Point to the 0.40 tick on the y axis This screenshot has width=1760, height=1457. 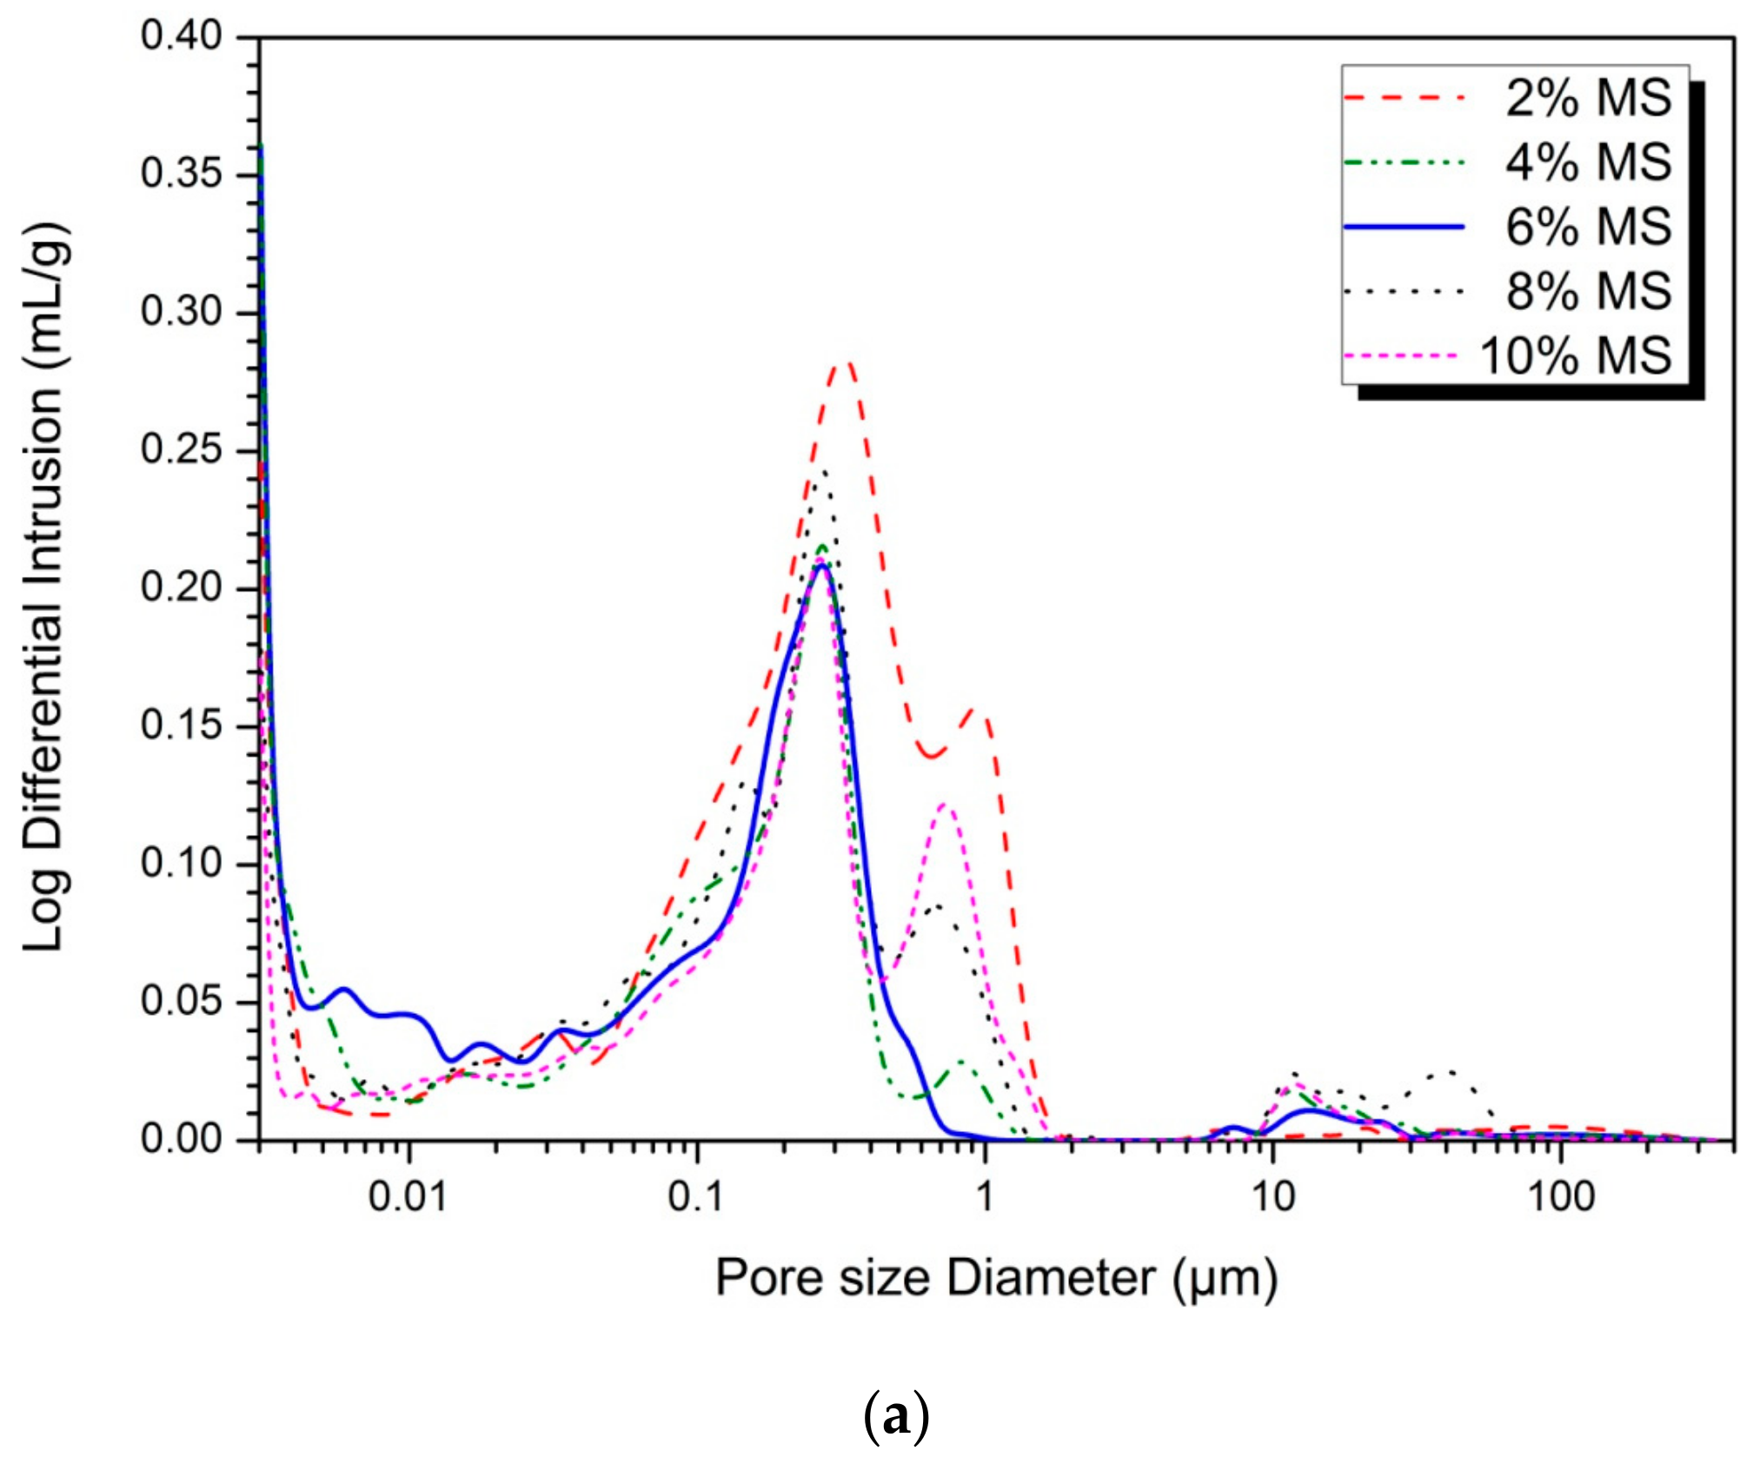pyautogui.click(x=182, y=37)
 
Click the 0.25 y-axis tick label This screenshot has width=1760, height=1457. pyautogui.click(x=182, y=451)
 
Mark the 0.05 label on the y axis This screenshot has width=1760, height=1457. pyautogui.click(x=182, y=1002)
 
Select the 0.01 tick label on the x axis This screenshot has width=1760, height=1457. pyautogui.click(x=408, y=1197)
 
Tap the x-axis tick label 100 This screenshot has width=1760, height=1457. pyautogui.click(x=1561, y=1197)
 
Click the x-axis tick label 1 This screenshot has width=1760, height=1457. pyautogui.click(x=984, y=1197)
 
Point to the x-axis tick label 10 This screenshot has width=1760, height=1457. pyautogui.click(x=1272, y=1197)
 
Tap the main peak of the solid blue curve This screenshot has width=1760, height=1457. pyautogui.click(x=820, y=566)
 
